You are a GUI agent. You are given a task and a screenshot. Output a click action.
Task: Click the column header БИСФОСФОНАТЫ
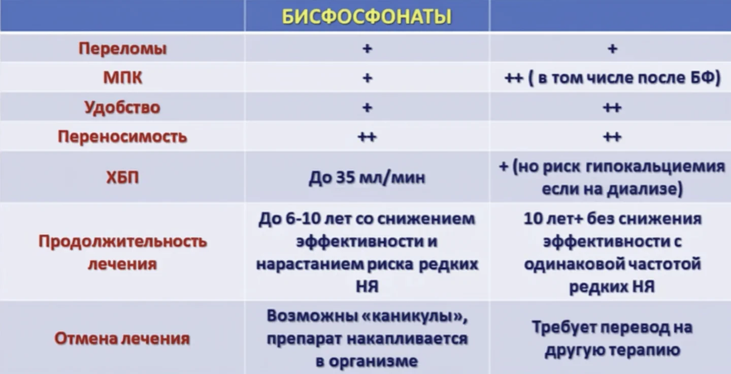367,17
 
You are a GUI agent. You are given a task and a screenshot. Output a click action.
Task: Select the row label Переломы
122,49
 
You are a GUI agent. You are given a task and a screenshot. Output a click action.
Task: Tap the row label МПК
122,78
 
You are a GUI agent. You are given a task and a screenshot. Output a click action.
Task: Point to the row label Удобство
122,108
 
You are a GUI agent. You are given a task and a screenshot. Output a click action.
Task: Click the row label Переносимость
122,137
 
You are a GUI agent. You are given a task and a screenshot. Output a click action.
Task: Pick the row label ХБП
122,178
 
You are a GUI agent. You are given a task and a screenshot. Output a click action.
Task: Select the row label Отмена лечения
122,338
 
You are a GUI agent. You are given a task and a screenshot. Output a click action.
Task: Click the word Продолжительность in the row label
122,241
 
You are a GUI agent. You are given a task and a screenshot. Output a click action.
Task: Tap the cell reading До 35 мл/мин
367,178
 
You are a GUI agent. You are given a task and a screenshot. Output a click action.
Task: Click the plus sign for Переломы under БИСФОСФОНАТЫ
367,49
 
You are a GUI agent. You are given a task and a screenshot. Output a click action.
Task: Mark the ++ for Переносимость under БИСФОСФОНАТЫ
367,137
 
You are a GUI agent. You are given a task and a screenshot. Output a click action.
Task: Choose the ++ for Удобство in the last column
612,108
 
